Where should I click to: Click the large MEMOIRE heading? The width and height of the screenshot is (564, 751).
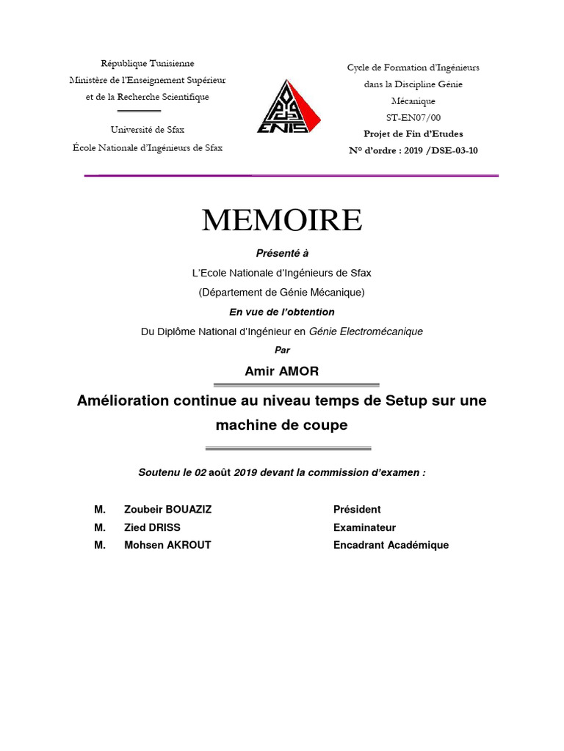pos(282,220)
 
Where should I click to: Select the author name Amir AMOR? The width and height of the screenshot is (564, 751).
pos(281,371)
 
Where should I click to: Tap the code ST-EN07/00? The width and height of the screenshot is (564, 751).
pos(413,117)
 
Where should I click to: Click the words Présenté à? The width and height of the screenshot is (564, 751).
pos(282,253)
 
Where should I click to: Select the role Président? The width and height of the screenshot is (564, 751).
pos(357,510)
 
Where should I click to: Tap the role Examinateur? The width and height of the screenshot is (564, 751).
pos(364,527)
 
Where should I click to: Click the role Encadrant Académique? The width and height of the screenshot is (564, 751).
pos(391,545)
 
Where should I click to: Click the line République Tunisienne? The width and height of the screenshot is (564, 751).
pos(148,64)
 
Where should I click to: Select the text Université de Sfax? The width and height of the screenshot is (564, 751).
pos(148,130)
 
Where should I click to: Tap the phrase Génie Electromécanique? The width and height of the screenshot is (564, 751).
pos(367,331)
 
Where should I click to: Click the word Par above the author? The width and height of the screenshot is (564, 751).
pos(282,351)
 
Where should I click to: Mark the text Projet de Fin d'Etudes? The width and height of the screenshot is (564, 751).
pos(413,134)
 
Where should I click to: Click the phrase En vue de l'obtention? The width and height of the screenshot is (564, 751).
pos(282,312)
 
